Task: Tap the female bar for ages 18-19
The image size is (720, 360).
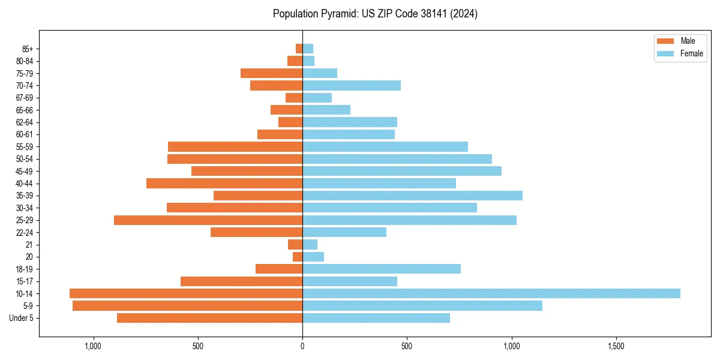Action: pos(382,269)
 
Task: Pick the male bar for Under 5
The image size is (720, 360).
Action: pos(209,318)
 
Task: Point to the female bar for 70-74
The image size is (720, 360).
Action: pos(352,86)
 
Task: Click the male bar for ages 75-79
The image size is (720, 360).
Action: pos(271,73)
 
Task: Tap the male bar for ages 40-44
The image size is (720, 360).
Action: pos(224,184)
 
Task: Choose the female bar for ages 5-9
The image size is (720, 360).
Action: pos(422,305)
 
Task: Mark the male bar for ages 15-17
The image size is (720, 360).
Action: pos(241,281)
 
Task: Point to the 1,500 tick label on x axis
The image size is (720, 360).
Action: pos(616,347)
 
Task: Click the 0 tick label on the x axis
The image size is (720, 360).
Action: pos(302,347)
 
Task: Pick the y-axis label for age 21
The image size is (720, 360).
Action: pos(29,245)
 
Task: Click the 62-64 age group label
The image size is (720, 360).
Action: pos(24,122)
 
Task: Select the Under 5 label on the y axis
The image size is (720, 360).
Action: pos(22,318)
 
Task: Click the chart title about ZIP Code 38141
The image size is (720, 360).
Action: pos(375,14)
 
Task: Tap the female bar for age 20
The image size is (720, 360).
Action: pos(313,257)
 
